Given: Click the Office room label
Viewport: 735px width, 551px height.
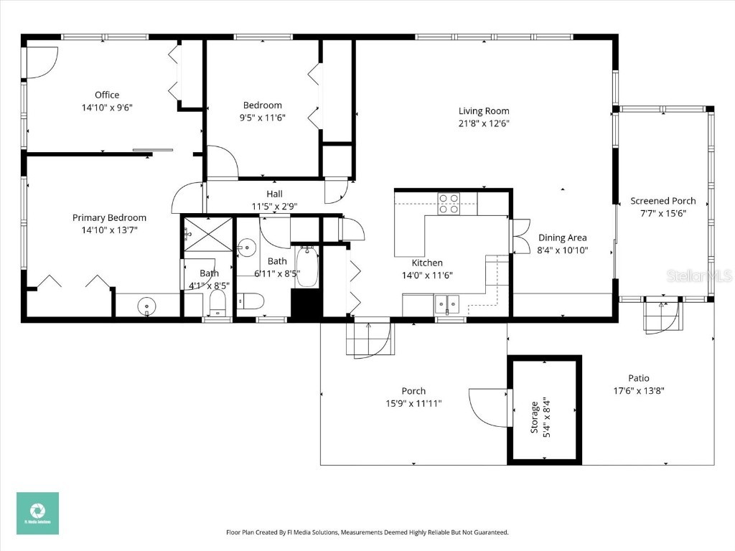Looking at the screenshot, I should [107, 95].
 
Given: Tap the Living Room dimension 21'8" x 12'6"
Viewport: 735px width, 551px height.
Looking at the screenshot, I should [484, 123].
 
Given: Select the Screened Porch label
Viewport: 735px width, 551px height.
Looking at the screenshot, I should [663, 201].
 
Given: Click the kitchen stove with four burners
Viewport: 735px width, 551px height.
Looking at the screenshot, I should [449, 204].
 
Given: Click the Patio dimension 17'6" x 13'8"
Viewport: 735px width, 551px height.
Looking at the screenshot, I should [638, 391].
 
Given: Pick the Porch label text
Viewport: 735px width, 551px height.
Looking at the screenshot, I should [413, 391].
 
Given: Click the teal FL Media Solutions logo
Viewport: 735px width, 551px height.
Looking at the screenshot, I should [37, 513].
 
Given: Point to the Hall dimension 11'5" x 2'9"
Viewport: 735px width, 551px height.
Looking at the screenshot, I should [274, 206].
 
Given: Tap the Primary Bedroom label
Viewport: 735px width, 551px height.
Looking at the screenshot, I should [109, 217].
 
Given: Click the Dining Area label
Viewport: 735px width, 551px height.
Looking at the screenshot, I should [562, 237].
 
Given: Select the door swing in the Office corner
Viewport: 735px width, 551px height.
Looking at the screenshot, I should [42, 62].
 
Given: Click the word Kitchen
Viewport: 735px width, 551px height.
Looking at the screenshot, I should [427, 263].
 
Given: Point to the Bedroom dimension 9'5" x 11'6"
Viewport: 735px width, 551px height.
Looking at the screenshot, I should [262, 118].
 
